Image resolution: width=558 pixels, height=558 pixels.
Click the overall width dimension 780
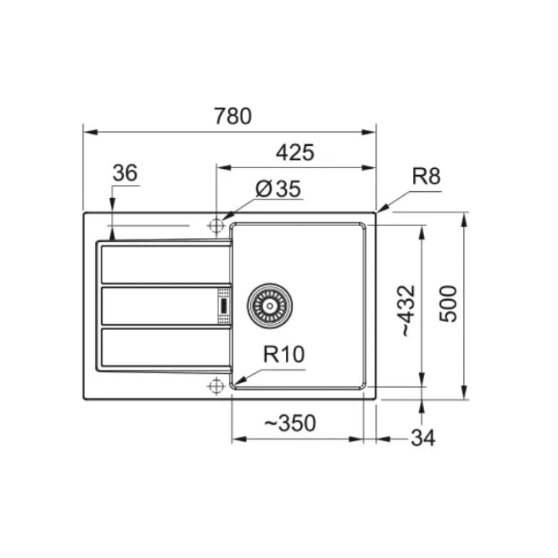(233, 116)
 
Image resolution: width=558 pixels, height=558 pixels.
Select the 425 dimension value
(295, 153)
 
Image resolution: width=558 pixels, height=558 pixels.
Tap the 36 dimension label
(125, 173)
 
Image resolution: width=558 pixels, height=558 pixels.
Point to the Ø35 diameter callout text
(278, 188)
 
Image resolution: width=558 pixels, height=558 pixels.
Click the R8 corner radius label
(426, 176)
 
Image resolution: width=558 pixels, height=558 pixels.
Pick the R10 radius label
(284, 354)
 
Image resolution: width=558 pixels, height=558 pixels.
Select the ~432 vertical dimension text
(408, 310)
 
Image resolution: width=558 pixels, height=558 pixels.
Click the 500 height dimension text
(448, 304)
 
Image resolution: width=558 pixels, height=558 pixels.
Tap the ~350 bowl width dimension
(290, 423)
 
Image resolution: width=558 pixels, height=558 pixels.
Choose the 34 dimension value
(423, 438)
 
